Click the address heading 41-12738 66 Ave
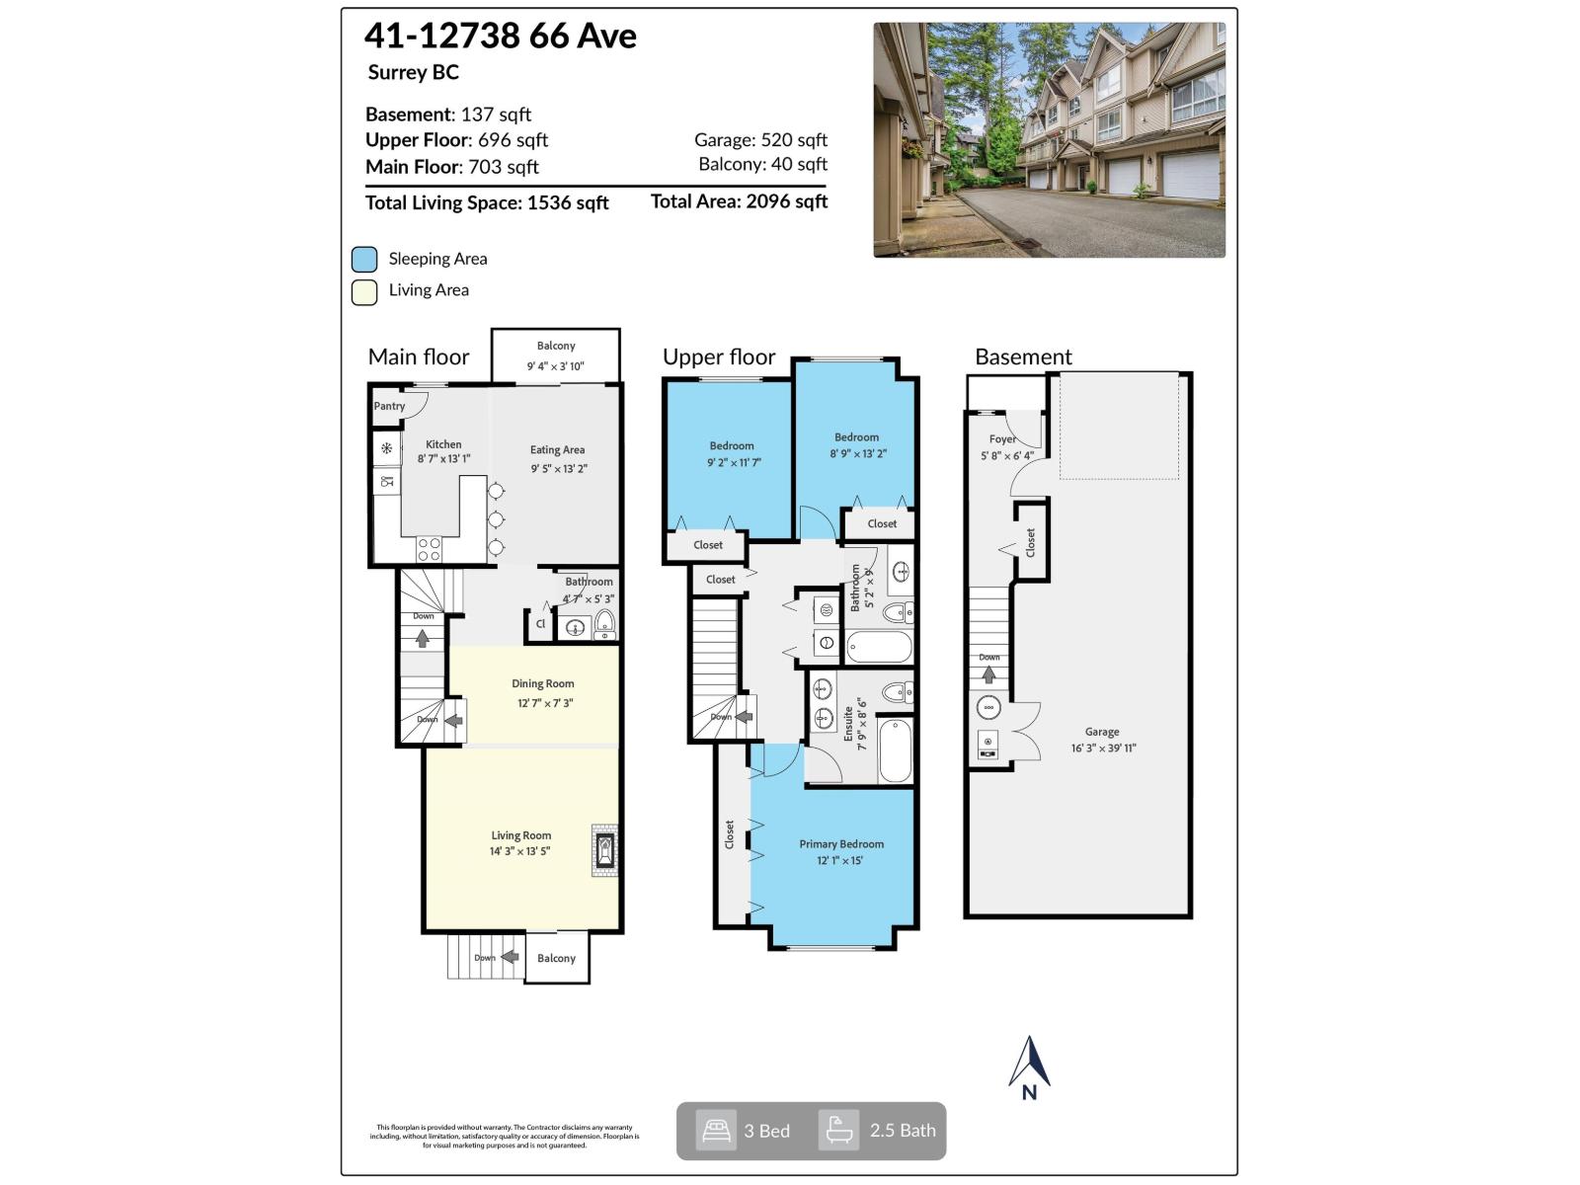pos(501,37)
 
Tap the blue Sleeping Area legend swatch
pos(364,260)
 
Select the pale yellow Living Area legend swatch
pos(364,292)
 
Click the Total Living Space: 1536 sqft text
pos(487,203)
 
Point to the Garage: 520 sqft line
pos(760,140)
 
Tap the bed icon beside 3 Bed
pos(716,1131)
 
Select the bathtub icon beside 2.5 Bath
pos(839,1131)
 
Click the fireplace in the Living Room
pos(603,850)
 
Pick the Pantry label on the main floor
pos(389,406)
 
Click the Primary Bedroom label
pos(841,844)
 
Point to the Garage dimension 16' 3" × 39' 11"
pos(1103,749)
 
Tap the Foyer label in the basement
pos(1002,439)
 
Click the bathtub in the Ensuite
pos(896,751)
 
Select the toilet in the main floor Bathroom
pos(604,622)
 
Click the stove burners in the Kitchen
pos(429,549)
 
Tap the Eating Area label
pos(557,450)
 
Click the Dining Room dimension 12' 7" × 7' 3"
pos(544,703)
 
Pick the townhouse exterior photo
pos(1049,140)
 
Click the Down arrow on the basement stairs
pos(988,675)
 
